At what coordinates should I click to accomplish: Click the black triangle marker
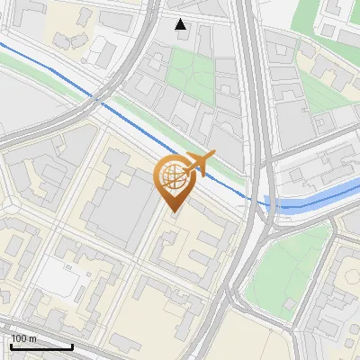point(181,24)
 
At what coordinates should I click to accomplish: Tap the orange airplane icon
point(204,162)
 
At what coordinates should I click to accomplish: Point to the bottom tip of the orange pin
point(172,212)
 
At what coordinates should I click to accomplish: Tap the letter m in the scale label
point(33,338)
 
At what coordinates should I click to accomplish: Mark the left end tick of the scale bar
point(11,346)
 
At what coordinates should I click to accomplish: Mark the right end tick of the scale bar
point(72,346)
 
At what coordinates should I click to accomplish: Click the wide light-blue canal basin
point(310,200)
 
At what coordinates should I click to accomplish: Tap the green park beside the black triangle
point(193,72)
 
